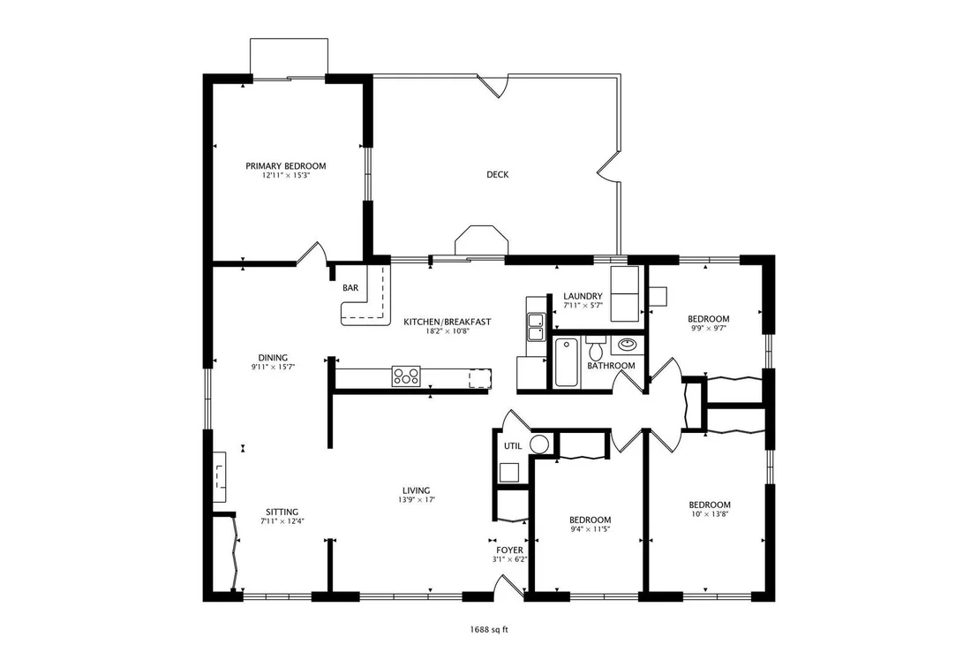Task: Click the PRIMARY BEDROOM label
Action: pos(286,166)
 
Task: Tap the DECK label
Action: pos(498,175)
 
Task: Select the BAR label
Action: pos(350,288)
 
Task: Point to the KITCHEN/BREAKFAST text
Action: pos(448,323)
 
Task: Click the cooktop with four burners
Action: pos(406,376)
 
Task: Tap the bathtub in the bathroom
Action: pos(567,362)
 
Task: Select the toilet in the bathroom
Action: pos(596,348)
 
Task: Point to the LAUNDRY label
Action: pos(583,296)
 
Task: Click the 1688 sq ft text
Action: pos(489,629)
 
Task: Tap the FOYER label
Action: pos(510,550)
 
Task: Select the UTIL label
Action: pos(513,446)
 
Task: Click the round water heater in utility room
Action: pos(539,444)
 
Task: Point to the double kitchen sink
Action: pos(536,328)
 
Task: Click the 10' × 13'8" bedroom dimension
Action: pos(710,514)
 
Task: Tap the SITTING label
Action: pos(282,512)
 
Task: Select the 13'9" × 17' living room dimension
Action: pos(416,499)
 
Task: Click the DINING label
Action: pos(274,358)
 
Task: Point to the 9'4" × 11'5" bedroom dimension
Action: pos(590,529)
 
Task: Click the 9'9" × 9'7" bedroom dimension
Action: pos(709,328)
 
